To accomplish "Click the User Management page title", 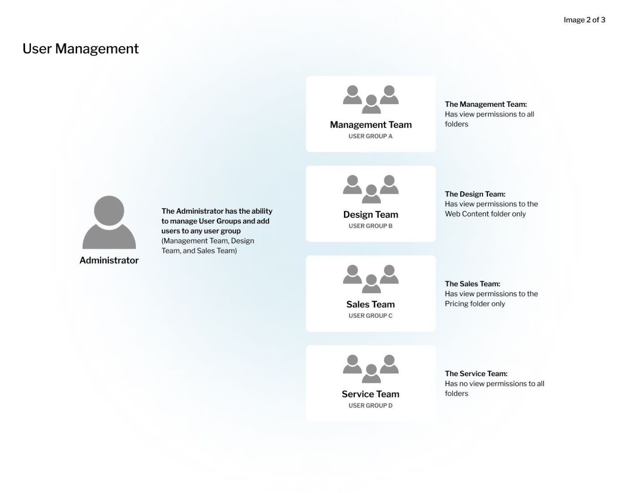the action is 80,48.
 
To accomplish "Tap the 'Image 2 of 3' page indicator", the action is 584,20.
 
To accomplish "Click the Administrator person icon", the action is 109,222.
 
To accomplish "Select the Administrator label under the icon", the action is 109,260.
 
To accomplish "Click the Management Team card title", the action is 371,125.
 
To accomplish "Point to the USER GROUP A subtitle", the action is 370,136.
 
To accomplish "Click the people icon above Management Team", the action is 371,99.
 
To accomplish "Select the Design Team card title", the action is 371,215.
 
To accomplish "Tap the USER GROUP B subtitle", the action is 370,226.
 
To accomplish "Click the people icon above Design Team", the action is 371,189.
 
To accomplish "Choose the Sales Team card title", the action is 370,304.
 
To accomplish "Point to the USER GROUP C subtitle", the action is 370,316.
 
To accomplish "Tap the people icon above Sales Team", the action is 371,279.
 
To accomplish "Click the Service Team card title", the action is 370,394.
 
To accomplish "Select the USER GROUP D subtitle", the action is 370,405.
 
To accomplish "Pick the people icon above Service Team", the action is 371,369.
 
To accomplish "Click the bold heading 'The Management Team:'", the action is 486,105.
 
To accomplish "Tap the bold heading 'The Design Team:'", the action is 475,194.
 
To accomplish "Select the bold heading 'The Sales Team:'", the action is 472,284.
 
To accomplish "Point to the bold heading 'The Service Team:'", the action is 476,373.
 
